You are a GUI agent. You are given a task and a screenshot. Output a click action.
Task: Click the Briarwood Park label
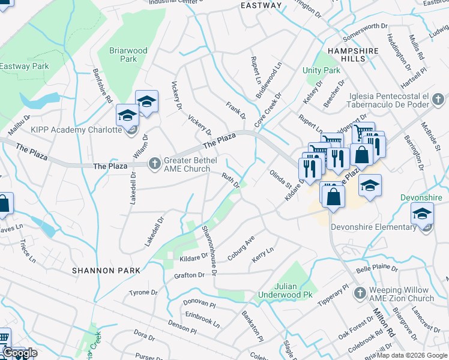point(128,55)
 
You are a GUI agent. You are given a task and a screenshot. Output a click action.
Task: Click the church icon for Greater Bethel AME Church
point(155,161)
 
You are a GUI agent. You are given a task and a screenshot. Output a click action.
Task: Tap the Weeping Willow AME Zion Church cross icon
point(360,293)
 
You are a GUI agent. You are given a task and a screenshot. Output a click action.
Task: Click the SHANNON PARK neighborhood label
point(106,271)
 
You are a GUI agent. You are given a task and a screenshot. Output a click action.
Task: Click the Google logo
point(20,353)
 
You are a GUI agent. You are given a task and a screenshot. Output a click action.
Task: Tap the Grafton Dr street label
point(189,275)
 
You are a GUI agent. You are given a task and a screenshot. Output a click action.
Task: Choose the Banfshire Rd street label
point(103,88)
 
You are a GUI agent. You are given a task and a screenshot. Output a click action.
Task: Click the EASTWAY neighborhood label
point(261,5)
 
